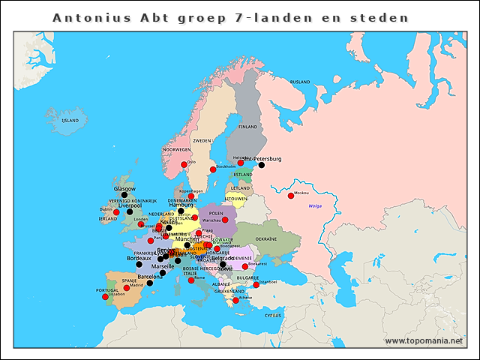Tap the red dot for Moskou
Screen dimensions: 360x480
(x=291, y=196)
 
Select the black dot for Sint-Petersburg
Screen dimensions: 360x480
(x=262, y=165)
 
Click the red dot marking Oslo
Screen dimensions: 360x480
(x=184, y=165)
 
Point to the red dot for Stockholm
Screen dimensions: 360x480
(x=213, y=169)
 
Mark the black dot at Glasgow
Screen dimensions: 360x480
(x=124, y=195)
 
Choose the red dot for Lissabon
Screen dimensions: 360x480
(x=105, y=297)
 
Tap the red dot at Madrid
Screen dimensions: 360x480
(x=127, y=288)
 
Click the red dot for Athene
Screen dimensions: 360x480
(x=235, y=301)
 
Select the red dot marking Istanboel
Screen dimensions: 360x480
(x=256, y=285)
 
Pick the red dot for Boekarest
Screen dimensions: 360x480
(x=245, y=266)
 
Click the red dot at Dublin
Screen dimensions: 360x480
(x=116, y=212)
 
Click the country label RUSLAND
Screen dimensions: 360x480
(x=300, y=82)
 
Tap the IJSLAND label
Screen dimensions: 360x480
(x=70, y=120)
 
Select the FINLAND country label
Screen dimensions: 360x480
(x=247, y=127)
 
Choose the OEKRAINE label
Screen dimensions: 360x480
(x=266, y=239)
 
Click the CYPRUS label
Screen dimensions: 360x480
(x=272, y=315)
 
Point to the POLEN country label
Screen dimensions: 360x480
(x=217, y=213)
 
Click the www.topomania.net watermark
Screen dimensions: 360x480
(x=424, y=340)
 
